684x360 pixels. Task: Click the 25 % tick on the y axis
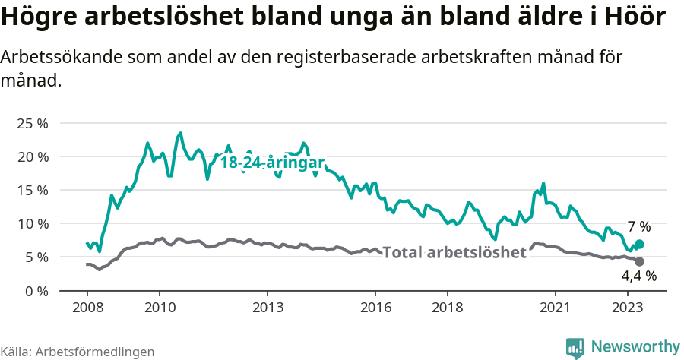(x=32, y=123)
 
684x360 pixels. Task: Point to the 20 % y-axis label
(x=32, y=156)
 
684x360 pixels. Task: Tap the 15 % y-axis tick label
(x=32, y=190)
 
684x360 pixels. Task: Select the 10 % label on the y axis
(x=32, y=223)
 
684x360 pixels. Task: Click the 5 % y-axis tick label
(x=36, y=257)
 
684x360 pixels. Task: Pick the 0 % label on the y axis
(x=36, y=290)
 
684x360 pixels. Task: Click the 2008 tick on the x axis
(x=87, y=308)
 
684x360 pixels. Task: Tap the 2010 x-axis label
(x=159, y=308)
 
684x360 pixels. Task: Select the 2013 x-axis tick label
(x=268, y=308)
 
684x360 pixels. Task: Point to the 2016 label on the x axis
(x=375, y=308)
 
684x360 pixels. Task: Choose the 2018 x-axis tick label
(x=448, y=308)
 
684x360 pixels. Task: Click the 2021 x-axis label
(x=556, y=308)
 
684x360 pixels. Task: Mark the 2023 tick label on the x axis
(x=628, y=308)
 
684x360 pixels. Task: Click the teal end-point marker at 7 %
(x=639, y=244)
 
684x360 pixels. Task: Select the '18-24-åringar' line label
(x=272, y=162)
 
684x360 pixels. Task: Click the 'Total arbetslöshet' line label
(x=454, y=253)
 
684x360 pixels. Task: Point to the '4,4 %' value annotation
(x=638, y=276)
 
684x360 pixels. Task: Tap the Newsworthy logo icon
(x=575, y=347)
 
